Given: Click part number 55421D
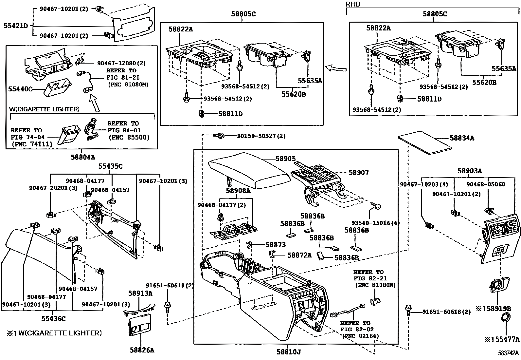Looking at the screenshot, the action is tap(16, 26).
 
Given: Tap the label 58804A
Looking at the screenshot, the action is tap(83, 158).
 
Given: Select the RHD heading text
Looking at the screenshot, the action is tap(353, 4).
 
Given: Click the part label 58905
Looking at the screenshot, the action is tap(286, 159).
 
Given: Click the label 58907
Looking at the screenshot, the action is tap(359, 173).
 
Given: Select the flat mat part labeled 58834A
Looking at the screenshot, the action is tap(425, 142).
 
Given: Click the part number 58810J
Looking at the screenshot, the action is tap(289, 352).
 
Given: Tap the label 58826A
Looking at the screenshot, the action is tap(142, 350).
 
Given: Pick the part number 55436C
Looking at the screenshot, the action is tap(53, 318).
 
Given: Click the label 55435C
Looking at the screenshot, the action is tap(110, 166).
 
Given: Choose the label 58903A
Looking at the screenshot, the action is tap(470, 171).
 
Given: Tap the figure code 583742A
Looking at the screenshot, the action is tap(508, 353).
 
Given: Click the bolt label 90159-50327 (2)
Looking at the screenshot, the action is tap(261, 136).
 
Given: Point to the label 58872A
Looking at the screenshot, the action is tap(299, 255).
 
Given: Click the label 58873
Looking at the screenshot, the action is tap(276, 245).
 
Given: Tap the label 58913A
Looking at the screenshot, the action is tap(140, 294).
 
